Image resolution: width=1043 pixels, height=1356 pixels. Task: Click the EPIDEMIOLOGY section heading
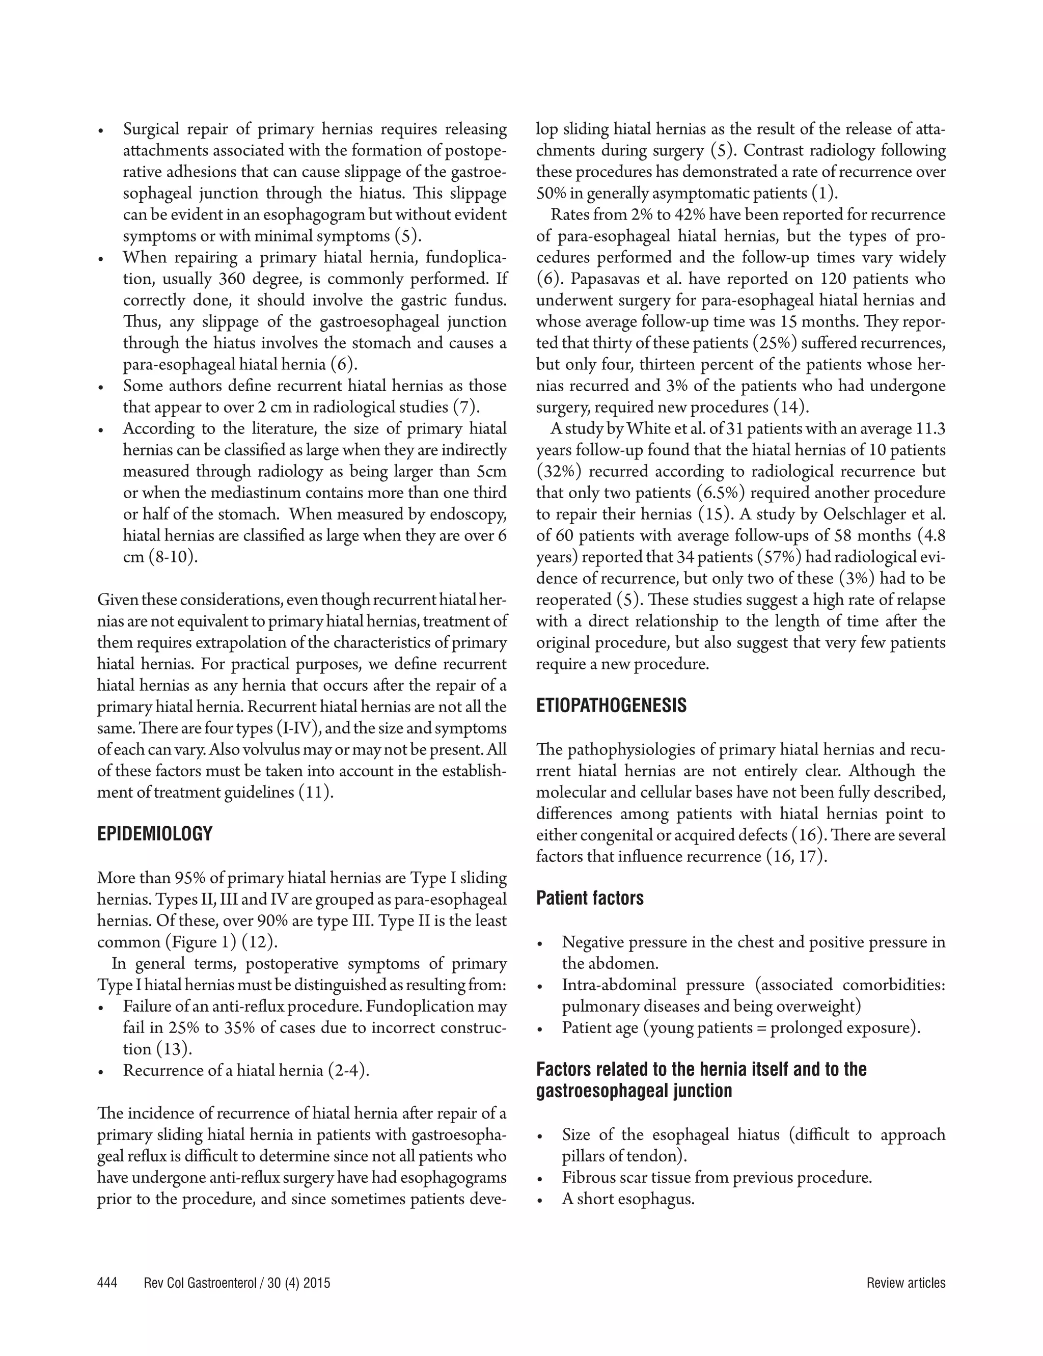pos(155,834)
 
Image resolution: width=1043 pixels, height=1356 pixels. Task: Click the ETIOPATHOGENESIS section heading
pos(611,706)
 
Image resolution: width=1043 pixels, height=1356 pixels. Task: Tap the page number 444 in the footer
pos(107,1283)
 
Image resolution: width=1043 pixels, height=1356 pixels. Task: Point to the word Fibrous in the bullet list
pos(587,1177)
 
